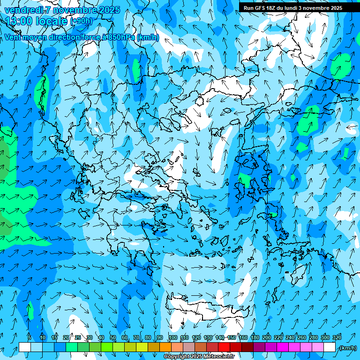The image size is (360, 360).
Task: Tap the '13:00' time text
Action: click(x=18, y=21)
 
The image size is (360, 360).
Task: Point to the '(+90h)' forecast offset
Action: click(x=81, y=21)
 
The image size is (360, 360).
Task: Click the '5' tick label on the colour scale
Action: click(x=30, y=337)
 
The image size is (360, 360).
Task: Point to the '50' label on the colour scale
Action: click(x=113, y=337)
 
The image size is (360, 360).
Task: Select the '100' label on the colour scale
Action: click(x=173, y=337)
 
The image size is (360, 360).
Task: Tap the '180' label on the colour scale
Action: click(x=255, y=337)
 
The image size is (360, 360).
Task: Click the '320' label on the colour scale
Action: click(x=337, y=337)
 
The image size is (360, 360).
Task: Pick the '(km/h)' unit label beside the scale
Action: click(x=348, y=348)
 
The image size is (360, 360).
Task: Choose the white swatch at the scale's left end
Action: click(x=25, y=347)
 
